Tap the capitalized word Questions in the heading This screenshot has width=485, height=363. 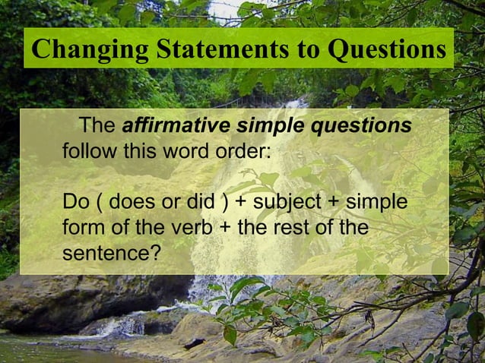[x=387, y=49]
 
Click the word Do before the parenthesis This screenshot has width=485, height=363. [x=76, y=203]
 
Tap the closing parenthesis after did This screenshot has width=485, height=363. [x=225, y=204]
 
